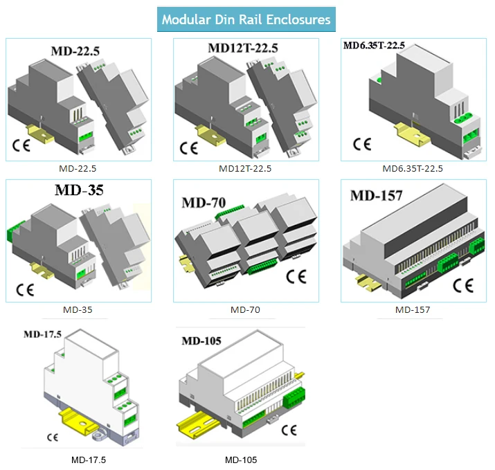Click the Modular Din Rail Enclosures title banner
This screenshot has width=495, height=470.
246,19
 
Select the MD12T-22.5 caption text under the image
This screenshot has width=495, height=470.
244,168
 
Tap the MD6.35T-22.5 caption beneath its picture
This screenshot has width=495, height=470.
413,168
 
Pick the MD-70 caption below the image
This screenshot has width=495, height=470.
245,309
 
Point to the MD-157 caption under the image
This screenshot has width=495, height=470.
413,309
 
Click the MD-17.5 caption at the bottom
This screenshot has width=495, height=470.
89,459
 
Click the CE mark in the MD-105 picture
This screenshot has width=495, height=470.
289,430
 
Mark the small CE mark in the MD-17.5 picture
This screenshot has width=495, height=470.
52,437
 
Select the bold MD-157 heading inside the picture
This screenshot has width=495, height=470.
376,195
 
